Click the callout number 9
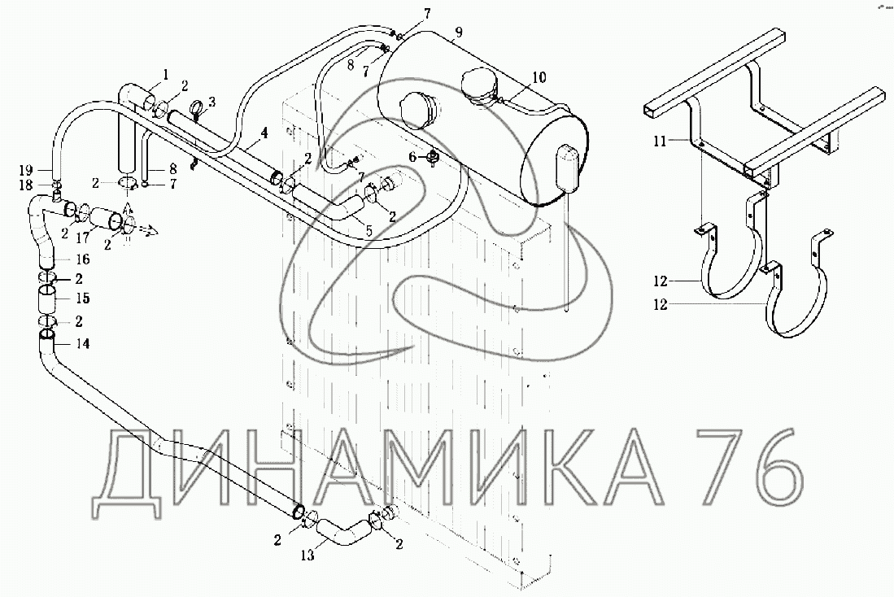(x=458, y=33)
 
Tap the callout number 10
(x=539, y=77)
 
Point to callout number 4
(x=264, y=133)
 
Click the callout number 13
(x=307, y=556)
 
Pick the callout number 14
(x=83, y=344)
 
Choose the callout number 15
(x=83, y=298)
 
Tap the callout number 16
(x=83, y=259)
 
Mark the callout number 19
(x=26, y=169)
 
